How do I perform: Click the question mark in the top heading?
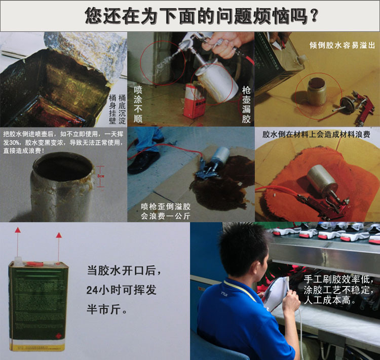314,16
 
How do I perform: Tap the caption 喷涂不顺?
138,104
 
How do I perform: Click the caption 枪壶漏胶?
246,104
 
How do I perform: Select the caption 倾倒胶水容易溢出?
342,45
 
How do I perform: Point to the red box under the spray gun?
193,101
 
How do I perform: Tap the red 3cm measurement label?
101,176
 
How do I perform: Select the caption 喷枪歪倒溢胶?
166,207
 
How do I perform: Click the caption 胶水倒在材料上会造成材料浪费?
316,135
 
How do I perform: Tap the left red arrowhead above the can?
17,230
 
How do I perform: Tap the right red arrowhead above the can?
59,235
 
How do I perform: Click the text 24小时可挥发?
121,290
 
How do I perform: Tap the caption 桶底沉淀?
122,109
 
